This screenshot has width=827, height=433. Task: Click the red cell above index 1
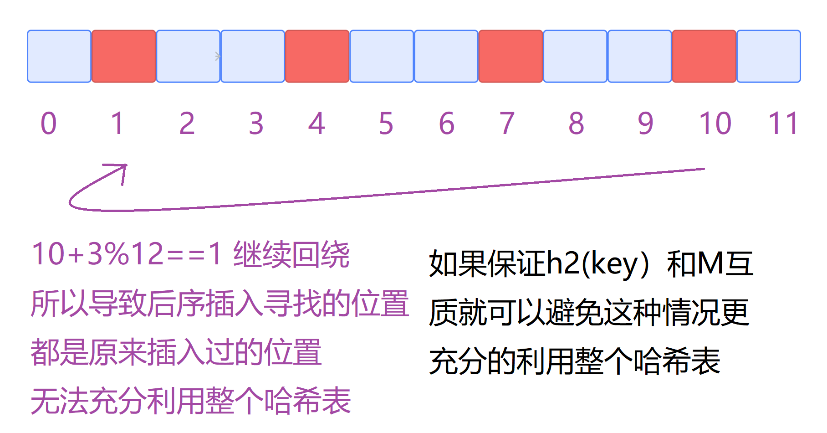[x=124, y=57]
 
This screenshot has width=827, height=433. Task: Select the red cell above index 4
[x=317, y=57]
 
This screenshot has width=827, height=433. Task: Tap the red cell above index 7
[x=510, y=57]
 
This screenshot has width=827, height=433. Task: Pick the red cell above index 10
[x=704, y=57]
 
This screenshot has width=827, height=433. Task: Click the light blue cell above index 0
[x=59, y=57]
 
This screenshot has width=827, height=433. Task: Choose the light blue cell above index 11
[x=769, y=57]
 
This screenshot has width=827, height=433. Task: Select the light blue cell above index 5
[x=382, y=57]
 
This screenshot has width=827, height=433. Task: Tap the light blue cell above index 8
[x=575, y=57]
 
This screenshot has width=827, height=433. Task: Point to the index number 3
[x=256, y=124]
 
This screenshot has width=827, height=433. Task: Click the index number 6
[x=446, y=124]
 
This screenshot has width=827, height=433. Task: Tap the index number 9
[x=645, y=124]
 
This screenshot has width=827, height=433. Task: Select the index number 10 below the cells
[x=715, y=124]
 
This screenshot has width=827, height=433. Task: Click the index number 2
[x=187, y=124]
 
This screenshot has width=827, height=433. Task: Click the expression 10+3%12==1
[x=127, y=254]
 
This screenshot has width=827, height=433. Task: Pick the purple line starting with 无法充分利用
[x=191, y=401]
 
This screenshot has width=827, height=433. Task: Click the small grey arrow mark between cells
[x=218, y=57]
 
